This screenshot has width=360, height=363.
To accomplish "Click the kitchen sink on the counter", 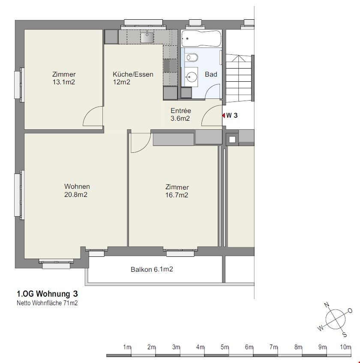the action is [x=147, y=38].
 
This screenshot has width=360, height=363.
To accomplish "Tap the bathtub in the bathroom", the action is [x=201, y=39].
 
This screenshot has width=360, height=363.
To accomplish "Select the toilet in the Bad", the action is [x=192, y=57].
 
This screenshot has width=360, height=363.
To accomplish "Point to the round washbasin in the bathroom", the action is [x=192, y=76].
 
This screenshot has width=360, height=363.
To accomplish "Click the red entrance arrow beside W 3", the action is [x=224, y=115].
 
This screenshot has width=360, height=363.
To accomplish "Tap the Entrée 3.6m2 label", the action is [x=180, y=114].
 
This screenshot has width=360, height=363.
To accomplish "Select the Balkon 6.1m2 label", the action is [x=152, y=269].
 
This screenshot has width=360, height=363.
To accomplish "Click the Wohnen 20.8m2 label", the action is [x=77, y=190].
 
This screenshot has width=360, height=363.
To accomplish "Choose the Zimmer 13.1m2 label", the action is [x=64, y=78].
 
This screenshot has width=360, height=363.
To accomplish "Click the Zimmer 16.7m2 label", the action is [x=177, y=191].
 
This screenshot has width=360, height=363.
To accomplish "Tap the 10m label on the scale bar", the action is [x=345, y=347].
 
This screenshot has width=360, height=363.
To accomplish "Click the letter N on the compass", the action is [x=327, y=305].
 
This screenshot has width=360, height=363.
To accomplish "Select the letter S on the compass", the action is [x=345, y=334].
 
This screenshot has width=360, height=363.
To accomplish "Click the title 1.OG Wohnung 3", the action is [x=47, y=294].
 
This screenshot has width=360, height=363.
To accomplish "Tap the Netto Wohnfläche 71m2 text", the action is [x=47, y=303].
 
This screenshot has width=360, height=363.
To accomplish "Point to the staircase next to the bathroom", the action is [x=239, y=78].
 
